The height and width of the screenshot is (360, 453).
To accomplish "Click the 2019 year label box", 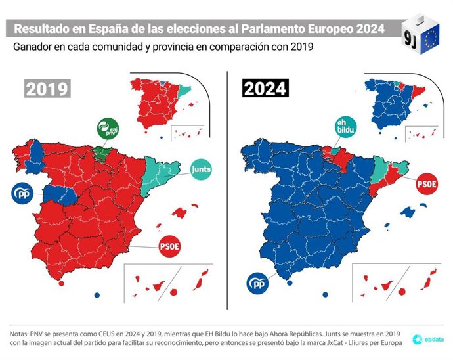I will point(47,88).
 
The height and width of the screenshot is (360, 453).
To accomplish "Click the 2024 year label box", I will point(266,88).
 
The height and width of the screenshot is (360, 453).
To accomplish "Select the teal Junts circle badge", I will point(205,171).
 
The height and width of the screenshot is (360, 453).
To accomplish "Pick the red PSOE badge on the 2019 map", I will point(169,247).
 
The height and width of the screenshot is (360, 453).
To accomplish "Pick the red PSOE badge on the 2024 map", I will point(427,185).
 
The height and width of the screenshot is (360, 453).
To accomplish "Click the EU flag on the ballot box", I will point(431,36).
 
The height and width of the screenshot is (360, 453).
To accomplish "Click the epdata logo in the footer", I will point(425,339).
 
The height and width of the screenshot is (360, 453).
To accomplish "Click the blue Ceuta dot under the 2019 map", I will point(97,294).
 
